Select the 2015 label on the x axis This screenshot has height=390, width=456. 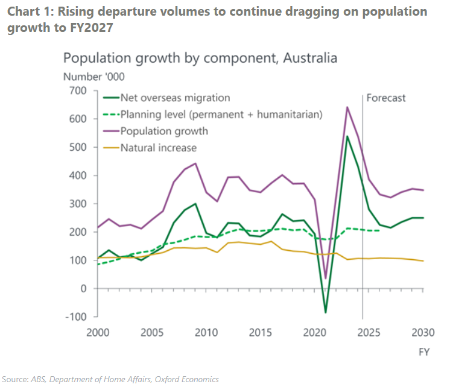[260, 332]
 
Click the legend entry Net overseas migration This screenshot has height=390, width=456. [175, 98]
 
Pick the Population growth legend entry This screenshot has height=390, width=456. [164, 131]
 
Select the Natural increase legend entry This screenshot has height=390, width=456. [159, 147]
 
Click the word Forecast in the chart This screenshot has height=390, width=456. [386, 98]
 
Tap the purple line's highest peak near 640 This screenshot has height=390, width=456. [347, 107]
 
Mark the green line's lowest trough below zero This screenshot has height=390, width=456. [326, 312]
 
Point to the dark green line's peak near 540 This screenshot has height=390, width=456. [347, 136]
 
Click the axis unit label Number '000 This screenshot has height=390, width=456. [93, 76]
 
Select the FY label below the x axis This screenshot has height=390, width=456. [423, 353]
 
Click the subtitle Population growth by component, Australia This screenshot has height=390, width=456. [200, 58]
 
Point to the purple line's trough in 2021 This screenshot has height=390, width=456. [326, 278]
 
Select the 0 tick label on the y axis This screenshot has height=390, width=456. [84, 289]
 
